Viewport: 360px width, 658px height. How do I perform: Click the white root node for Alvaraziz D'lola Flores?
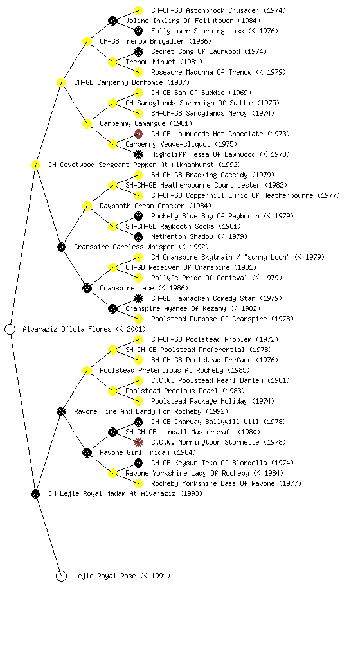(x=10, y=329)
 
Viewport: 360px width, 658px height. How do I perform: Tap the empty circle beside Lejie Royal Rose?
(x=61, y=576)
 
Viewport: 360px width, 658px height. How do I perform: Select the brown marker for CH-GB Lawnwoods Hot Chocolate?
(x=138, y=134)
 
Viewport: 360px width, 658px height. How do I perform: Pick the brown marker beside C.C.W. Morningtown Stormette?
(x=138, y=442)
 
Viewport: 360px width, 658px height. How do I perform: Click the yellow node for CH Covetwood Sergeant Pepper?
(x=35, y=164)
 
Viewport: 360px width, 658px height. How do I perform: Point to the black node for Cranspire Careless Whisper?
(x=61, y=247)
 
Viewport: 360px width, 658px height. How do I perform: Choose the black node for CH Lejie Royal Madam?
(x=35, y=493)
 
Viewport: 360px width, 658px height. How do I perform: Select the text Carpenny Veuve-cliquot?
(x=168, y=144)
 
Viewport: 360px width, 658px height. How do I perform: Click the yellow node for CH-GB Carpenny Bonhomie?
(x=61, y=82)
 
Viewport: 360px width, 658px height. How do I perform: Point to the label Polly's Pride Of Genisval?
(x=199, y=278)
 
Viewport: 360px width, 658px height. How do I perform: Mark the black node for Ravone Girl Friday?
(x=87, y=452)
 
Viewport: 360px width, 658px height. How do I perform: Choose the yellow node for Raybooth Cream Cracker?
(x=87, y=206)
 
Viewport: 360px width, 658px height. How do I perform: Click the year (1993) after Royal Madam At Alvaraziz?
(x=192, y=493)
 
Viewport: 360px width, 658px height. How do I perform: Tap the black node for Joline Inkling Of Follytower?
(x=113, y=21)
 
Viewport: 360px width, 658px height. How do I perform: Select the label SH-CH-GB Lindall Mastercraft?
(x=179, y=432)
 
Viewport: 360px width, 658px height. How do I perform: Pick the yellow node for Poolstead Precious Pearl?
(x=113, y=391)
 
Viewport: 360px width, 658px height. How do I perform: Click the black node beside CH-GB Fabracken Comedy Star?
(x=138, y=298)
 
